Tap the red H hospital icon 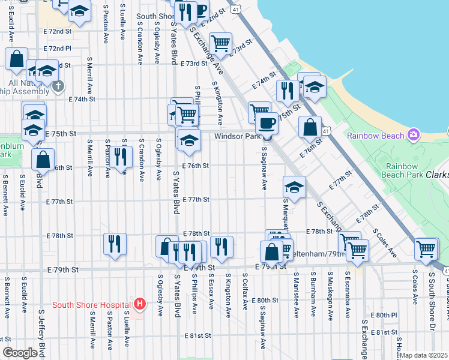(x=140, y=304)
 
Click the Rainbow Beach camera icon (x=413, y=134)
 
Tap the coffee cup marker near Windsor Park (x=267, y=124)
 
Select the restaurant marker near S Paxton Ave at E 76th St (x=122, y=157)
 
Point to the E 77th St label (x=196, y=199)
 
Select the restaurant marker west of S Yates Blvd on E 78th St (x=115, y=244)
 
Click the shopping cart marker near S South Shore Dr (x=426, y=248)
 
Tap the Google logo (x=19, y=353)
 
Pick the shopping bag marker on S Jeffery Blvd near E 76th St (x=43, y=160)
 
